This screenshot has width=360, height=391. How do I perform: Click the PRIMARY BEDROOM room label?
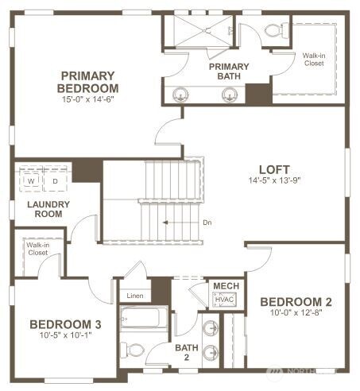click(89, 81)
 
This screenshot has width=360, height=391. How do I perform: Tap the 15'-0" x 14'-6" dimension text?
click(89, 100)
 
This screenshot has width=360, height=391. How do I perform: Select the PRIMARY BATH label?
click(230, 72)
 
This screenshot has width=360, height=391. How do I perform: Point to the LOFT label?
click(274, 168)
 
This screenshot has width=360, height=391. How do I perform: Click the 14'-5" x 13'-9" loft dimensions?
click(274, 180)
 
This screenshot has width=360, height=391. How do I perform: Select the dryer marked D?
click(55, 181)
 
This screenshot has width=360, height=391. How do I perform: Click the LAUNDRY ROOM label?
click(49, 209)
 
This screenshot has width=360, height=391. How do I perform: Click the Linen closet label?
click(135, 296)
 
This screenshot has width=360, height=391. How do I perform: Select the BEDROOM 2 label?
click(296, 302)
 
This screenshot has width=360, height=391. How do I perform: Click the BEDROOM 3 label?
click(65, 324)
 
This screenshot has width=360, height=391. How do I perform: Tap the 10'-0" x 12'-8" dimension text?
click(296, 314)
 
